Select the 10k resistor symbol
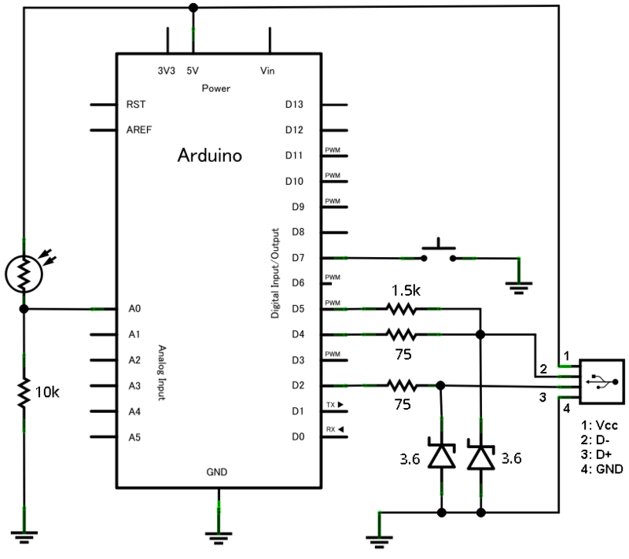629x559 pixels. coord(24,391)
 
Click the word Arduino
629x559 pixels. coord(210,155)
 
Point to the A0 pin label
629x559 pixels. coord(134,308)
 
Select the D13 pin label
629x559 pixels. coord(294,104)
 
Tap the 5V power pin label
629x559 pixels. coord(193,71)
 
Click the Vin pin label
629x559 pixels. coord(267,71)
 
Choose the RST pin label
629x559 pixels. coord(135,104)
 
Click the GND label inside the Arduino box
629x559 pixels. coord(217,473)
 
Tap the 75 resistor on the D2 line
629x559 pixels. coord(401,385)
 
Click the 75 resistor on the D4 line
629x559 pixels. coord(401,333)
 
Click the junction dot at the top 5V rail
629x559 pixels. coord(193,8)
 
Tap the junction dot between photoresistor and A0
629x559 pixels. coord(24,308)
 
